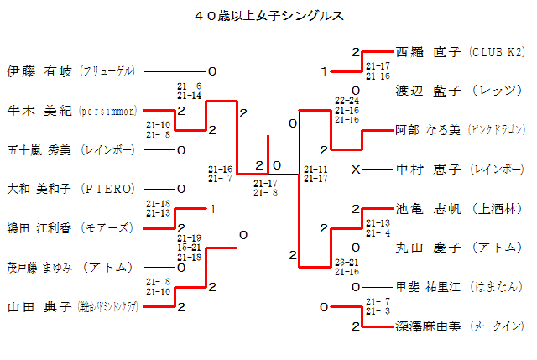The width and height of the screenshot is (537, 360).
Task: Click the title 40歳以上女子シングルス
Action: coord(268,16)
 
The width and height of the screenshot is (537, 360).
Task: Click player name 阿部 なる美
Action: coord(428,129)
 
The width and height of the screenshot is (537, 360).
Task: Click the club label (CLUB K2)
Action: coord(497,51)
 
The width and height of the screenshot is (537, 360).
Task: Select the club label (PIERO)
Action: coord(104,189)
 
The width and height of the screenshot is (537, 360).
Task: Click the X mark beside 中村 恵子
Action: coord(356,170)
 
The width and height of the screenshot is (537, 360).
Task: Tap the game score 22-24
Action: coord(346,100)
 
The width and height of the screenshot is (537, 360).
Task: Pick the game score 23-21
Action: coord(346,263)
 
